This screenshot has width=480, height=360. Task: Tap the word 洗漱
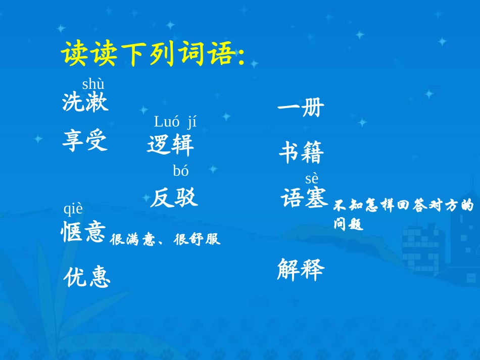[x=85, y=102]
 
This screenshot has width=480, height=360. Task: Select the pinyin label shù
[x=93, y=84]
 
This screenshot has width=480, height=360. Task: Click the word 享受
[x=85, y=140]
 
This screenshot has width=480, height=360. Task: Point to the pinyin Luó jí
[x=175, y=122]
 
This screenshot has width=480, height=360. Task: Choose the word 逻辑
[x=170, y=145]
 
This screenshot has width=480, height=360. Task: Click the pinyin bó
[x=180, y=171]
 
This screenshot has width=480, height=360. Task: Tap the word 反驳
[x=173, y=198]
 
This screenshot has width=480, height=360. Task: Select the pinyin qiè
[x=73, y=209]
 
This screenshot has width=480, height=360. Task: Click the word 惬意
[x=83, y=233]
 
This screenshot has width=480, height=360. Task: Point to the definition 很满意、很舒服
[x=165, y=239]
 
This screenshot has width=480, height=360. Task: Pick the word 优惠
[x=87, y=277]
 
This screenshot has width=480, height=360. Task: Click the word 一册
[x=301, y=108]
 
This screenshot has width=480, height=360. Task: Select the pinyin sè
[x=311, y=178]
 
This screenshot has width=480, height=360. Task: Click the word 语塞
[x=304, y=198]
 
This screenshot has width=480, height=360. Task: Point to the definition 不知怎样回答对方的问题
[x=403, y=214]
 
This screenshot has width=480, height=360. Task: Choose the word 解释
[x=300, y=270]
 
